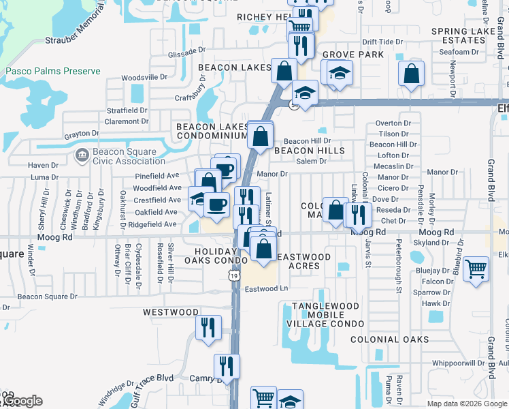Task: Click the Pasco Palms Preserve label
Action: pyautogui.click(x=53, y=71)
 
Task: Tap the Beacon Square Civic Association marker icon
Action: pyautogui.click(x=82, y=155)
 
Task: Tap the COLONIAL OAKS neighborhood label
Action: pyautogui.click(x=389, y=339)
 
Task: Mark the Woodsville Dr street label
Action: pyautogui.click(x=144, y=77)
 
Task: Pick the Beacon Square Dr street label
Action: pyautogui.click(x=48, y=297)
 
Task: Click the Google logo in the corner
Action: pyautogui.click(x=22, y=401)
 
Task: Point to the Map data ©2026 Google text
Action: pyautogui.click(x=466, y=404)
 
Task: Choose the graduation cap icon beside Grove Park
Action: pyautogui.click(x=338, y=72)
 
